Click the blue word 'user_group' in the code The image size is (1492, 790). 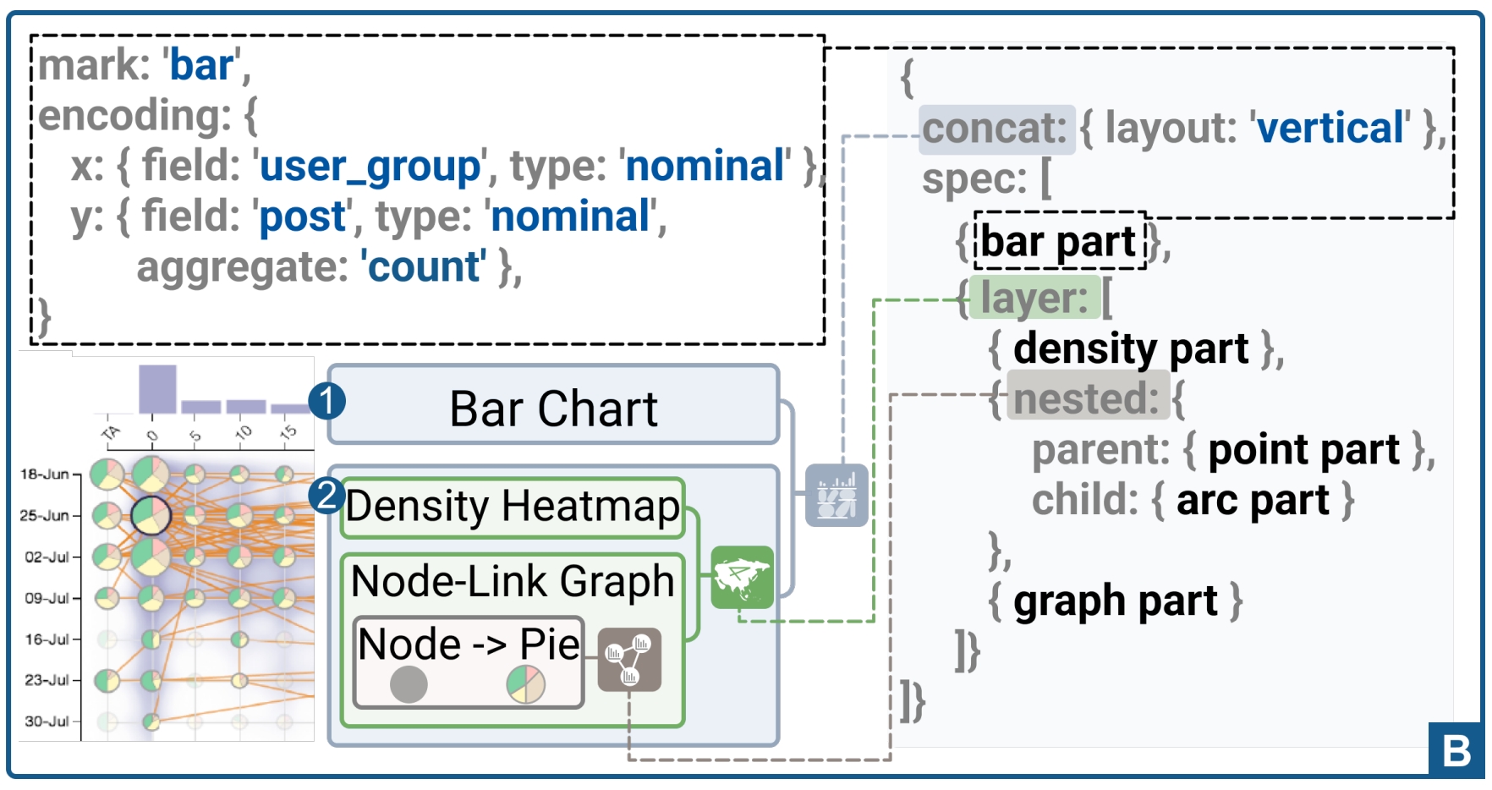click(370, 167)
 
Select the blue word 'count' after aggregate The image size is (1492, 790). click(424, 267)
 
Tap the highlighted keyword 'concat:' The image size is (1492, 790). click(996, 129)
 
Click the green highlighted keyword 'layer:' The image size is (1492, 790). click(1034, 298)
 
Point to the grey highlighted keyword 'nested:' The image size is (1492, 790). click(1087, 398)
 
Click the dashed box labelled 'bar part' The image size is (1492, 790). click(1059, 242)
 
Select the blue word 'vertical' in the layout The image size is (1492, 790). click(1330, 129)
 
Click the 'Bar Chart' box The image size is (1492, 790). click(553, 408)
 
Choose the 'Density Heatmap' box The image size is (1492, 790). click(513, 507)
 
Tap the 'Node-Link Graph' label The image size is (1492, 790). click(513, 581)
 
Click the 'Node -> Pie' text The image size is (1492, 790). click(469, 645)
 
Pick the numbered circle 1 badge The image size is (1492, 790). click(327, 400)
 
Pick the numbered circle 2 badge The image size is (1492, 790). click(326, 496)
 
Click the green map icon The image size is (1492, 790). click(742, 577)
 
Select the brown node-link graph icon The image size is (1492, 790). click(629, 660)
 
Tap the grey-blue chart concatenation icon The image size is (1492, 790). click(836, 496)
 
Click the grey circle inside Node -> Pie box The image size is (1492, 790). click(409, 684)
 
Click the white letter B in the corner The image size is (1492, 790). click(1456, 750)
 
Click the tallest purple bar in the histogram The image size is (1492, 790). click(157, 388)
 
